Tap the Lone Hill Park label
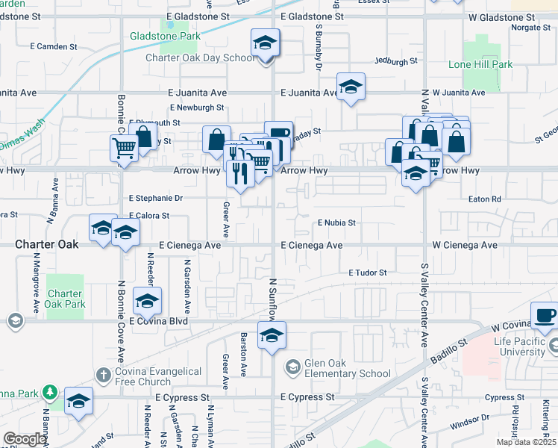coord(480,65)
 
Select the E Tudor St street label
coord(368,273)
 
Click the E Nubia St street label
coord(336,223)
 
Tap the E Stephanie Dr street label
coord(156,199)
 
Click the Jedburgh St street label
coord(395,60)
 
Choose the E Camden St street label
coord(55,46)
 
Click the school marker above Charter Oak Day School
coord(265,43)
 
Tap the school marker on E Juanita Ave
coord(350,87)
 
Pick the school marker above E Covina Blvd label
coord(148,302)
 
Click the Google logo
coord(25,439)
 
